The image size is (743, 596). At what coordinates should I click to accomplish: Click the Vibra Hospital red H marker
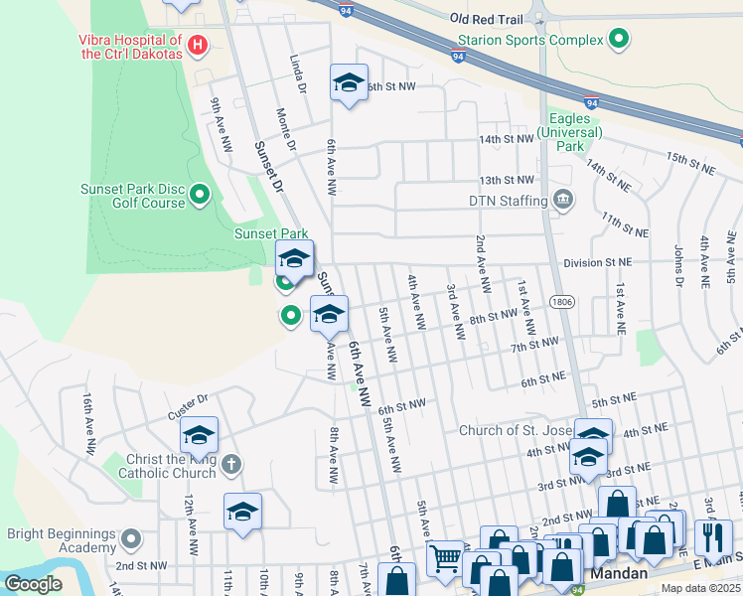point(198,45)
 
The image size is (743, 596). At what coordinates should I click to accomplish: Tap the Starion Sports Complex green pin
point(620,40)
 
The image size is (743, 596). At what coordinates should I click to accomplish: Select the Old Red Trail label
point(485,19)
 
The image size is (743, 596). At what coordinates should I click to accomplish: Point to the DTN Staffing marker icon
point(563,200)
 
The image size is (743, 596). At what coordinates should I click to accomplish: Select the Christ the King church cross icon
point(230,464)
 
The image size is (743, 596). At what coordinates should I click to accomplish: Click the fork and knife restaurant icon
point(712,536)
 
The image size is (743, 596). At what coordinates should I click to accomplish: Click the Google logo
point(33,584)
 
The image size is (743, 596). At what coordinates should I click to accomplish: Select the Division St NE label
point(597,262)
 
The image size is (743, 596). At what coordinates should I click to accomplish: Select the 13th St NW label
point(507,181)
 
